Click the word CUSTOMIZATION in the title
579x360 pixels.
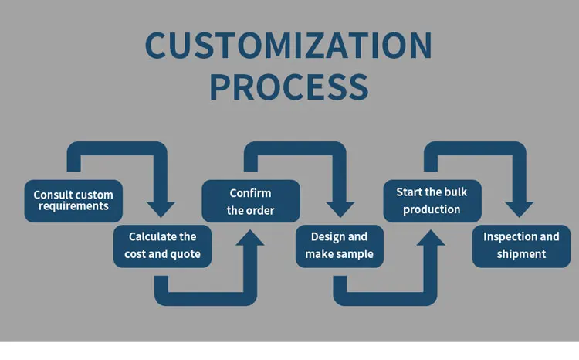pyautogui.click(x=289, y=46)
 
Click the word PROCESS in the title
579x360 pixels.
pyautogui.click(x=289, y=87)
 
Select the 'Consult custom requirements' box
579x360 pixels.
pyautogui.click(x=73, y=201)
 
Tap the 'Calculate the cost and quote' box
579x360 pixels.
pyautogui.click(x=163, y=246)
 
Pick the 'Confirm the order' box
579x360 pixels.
pyautogui.click(x=250, y=201)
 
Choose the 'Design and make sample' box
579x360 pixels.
pyautogui.click(x=340, y=246)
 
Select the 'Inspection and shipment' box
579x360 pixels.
pyautogui.click(x=521, y=246)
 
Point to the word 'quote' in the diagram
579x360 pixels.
pyautogui.click(x=185, y=254)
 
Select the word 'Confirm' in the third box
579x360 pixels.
pyautogui.click(x=250, y=193)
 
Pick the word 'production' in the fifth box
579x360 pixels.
pyautogui.click(x=432, y=209)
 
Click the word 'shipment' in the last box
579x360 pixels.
pyautogui.click(x=521, y=254)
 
